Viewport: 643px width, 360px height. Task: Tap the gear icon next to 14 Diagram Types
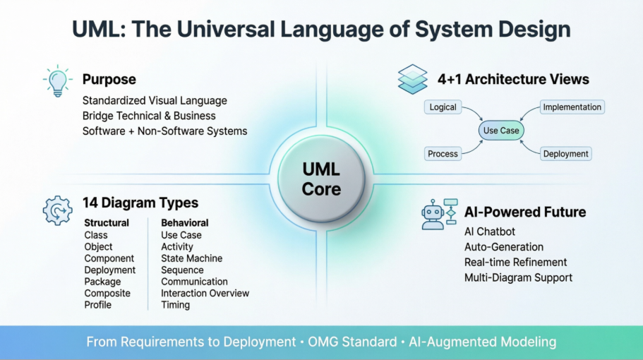58,210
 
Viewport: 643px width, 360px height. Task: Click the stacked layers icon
412,79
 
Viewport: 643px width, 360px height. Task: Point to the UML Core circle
321,179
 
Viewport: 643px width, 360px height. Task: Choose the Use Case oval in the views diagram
500,131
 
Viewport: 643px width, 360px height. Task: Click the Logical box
443,107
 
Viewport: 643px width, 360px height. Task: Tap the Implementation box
572,107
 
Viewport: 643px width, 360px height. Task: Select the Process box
443,153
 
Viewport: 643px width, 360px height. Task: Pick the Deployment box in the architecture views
566,153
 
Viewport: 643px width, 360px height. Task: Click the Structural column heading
107,223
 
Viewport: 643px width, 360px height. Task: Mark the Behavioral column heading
185,223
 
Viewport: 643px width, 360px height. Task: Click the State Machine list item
191,258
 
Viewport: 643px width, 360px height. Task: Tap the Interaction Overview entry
205,293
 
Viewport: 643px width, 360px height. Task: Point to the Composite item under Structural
107,293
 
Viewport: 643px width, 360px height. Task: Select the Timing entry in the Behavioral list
175,305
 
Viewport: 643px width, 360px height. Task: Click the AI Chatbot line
490,232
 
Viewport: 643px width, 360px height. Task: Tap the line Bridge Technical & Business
149,116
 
